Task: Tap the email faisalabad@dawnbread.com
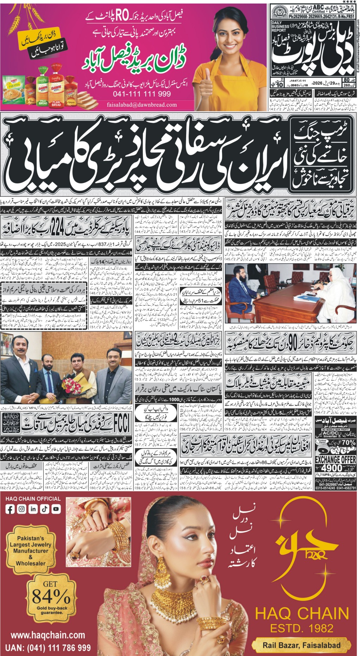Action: click(142, 104)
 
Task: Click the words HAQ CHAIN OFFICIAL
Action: click(33, 498)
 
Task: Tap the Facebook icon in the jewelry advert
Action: click(10, 509)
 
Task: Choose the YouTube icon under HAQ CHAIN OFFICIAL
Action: click(56, 509)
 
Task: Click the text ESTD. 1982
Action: click(302, 628)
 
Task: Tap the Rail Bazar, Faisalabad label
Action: click(302, 645)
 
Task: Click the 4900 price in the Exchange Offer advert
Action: click(332, 467)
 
